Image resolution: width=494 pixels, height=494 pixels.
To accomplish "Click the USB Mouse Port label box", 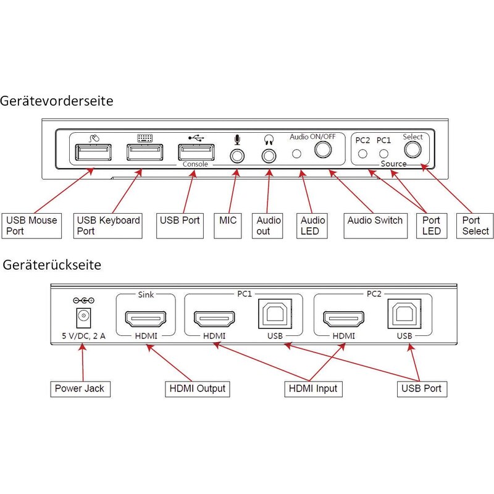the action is pyautogui.click(x=31, y=225).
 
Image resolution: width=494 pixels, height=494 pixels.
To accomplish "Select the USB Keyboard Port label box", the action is pyautogui.click(x=107, y=225).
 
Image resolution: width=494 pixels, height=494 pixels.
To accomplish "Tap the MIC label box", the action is pyautogui.click(x=227, y=225).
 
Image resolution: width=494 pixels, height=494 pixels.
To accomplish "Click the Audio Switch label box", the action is pyautogui.click(x=375, y=225).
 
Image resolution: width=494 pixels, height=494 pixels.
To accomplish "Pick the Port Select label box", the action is pyautogui.click(x=475, y=225).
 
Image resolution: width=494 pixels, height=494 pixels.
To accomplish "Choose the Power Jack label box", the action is pyautogui.click(x=80, y=389).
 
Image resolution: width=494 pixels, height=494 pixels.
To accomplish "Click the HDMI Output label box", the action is pyautogui.click(x=198, y=389).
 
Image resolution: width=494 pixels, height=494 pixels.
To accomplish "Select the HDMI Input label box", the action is pyautogui.click(x=313, y=389).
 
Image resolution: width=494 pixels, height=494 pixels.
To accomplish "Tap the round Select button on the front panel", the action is pyautogui.click(x=412, y=149).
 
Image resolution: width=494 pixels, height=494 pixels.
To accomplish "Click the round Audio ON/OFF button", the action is pyautogui.click(x=323, y=149).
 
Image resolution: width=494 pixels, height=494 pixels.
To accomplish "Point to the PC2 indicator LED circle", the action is pyautogui.click(x=362, y=154).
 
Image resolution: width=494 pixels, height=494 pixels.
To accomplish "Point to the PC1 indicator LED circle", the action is pyautogui.click(x=383, y=154).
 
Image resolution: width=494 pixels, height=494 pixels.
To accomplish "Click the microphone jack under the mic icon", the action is pyautogui.click(x=237, y=156).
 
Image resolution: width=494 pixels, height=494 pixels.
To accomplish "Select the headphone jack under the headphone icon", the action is pyautogui.click(x=269, y=156).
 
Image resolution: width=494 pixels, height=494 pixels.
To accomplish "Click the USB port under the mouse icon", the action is pyautogui.click(x=93, y=152).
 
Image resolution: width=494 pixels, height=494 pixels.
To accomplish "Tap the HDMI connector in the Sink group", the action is pyautogui.click(x=146, y=319).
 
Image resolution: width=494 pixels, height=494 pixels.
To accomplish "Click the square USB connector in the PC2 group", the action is pyautogui.click(x=404, y=314).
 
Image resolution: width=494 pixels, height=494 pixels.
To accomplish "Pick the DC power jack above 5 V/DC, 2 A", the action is pyautogui.click(x=83, y=317).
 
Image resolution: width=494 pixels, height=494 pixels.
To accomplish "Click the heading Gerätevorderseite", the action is pyautogui.click(x=57, y=101).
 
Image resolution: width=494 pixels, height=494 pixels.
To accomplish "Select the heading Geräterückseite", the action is pyautogui.click(x=52, y=265).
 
